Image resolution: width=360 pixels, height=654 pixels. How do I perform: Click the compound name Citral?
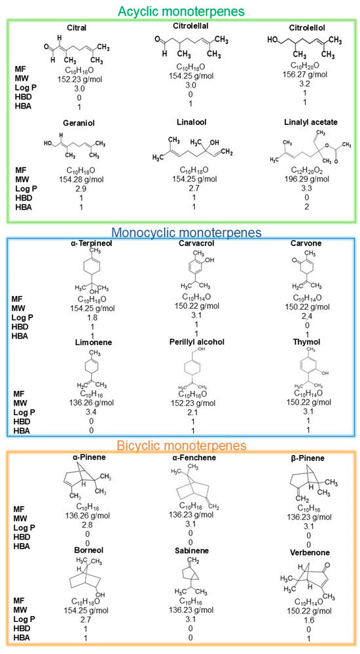coord(77,27)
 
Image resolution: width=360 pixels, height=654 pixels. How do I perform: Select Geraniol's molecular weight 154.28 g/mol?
coord(77,187)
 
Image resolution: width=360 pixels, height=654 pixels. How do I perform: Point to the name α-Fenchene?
coord(181,458)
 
